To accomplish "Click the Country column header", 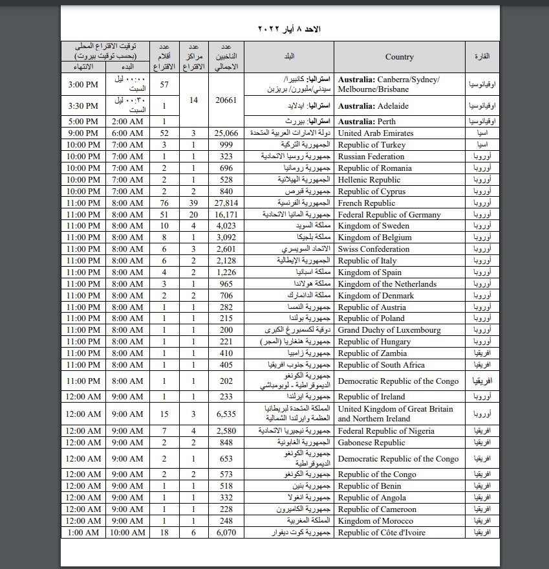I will (x=399, y=57).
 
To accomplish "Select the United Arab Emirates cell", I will (x=376, y=133).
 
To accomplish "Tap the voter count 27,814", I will (x=226, y=203).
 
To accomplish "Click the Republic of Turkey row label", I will (x=371, y=145).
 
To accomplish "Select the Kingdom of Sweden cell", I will (x=373, y=227).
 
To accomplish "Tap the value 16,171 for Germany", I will (x=226, y=215).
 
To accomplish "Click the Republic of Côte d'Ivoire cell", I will (x=381, y=533).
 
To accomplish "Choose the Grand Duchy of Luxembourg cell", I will (x=389, y=330).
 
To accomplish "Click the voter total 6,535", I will (x=226, y=413).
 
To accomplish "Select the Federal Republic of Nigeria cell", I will (x=386, y=431).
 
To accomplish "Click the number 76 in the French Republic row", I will (x=164, y=203).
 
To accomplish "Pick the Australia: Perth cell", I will (x=367, y=122).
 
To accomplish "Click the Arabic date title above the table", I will (x=289, y=29).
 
